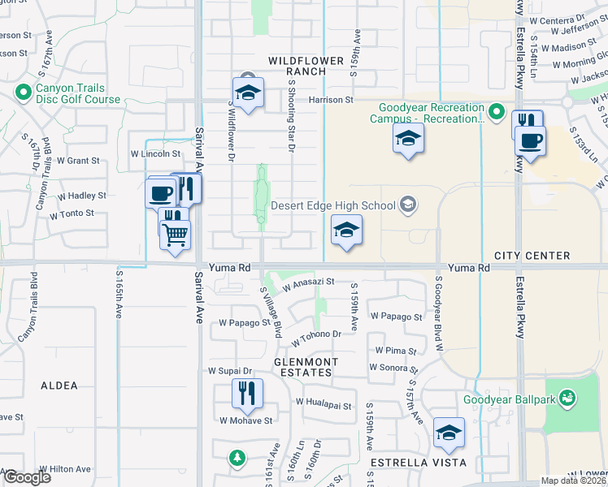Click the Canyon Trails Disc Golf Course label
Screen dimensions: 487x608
tap(77, 94)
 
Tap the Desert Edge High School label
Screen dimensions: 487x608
tap(334, 205)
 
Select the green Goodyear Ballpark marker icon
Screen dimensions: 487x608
tap(568, 399)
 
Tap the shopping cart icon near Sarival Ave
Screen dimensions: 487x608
tap(176, 235)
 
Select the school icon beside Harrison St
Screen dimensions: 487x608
tap(248, 90)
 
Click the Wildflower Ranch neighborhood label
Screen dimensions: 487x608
tap(297, 66)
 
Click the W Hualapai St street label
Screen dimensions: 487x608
tap(323, 403)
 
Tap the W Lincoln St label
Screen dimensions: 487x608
tap(155, 153)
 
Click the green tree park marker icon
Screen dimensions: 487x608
tap(236, 459)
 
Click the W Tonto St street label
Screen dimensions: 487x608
tap(72, 214)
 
